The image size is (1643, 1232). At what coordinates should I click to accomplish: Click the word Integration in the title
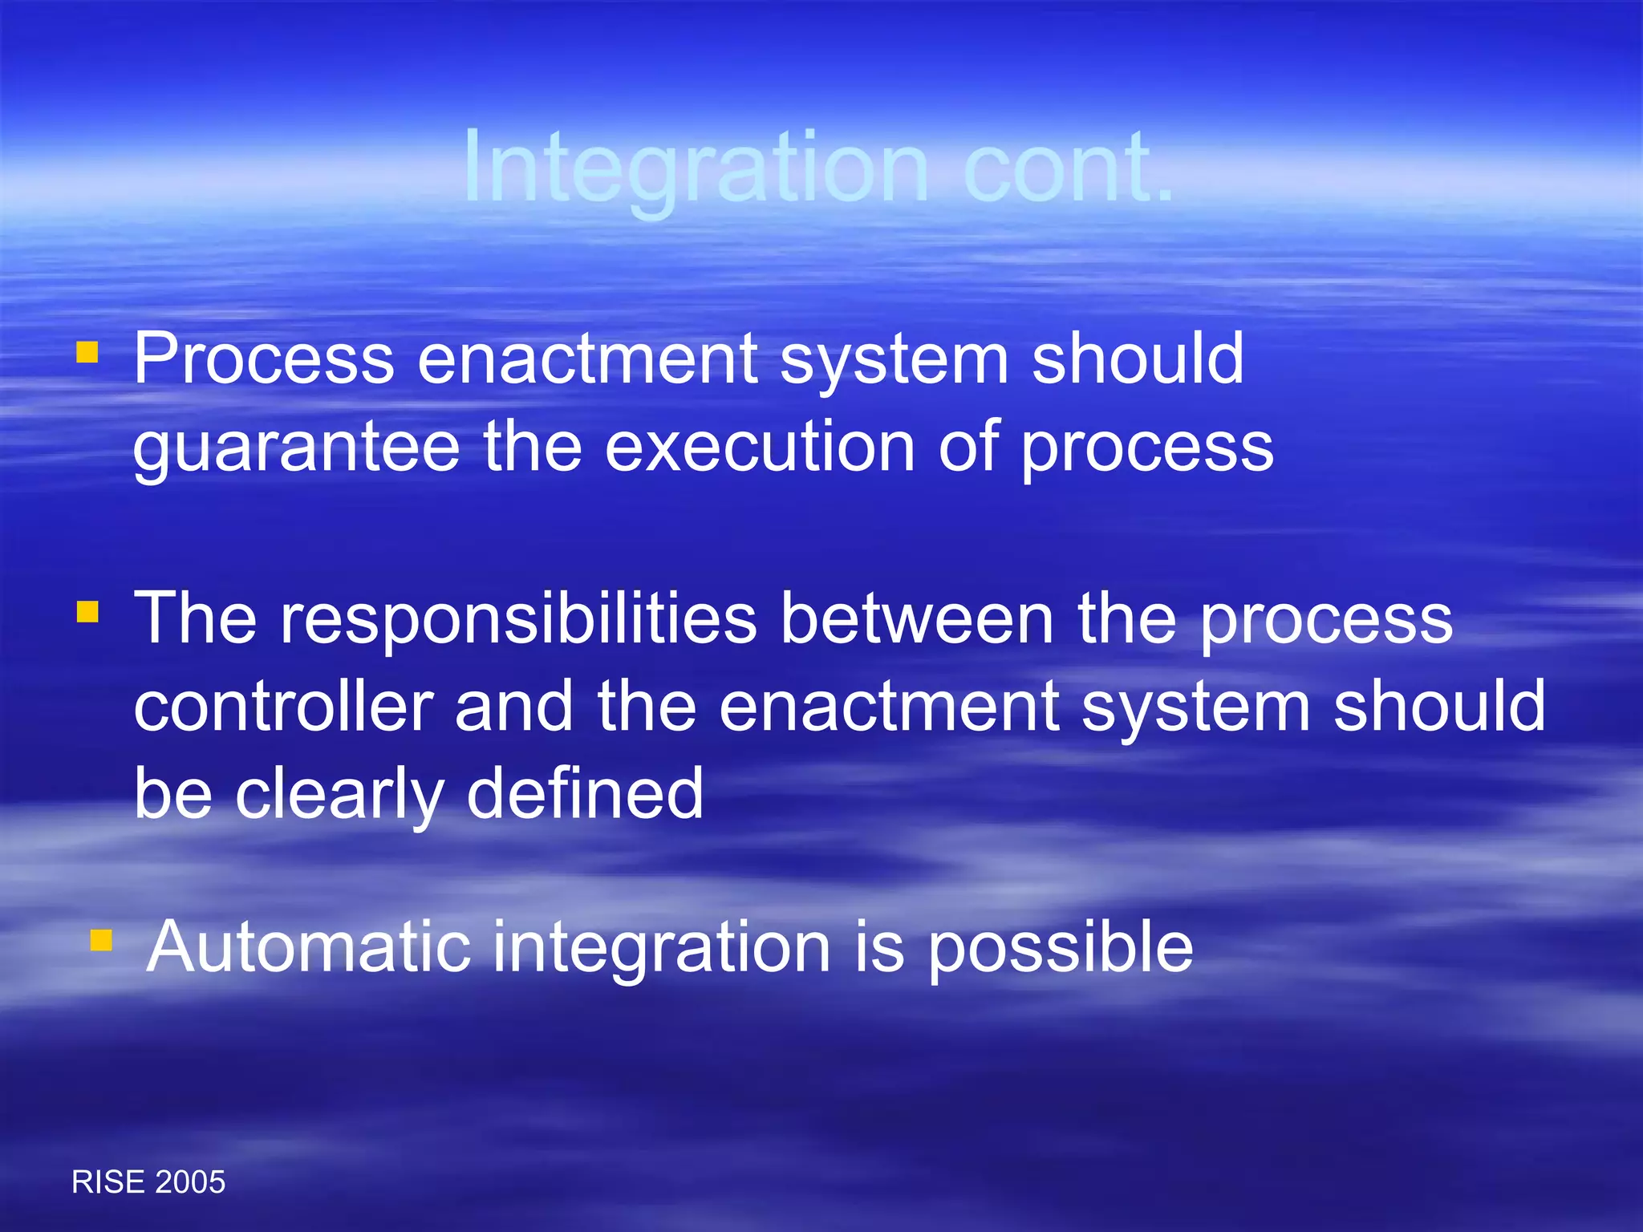[695, 168]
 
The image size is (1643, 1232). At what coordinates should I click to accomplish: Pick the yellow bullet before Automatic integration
[100, 939]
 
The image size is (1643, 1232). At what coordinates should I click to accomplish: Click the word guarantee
[296, 448]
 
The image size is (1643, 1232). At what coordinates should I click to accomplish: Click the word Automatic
[309, 947]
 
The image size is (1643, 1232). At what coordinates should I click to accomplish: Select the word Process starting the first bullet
[264, 360]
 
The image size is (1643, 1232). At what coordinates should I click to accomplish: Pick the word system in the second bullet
[1195, 708]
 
